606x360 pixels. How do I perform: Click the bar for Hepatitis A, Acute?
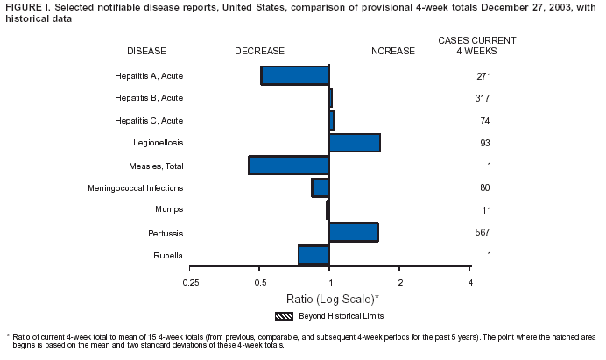[295, 75]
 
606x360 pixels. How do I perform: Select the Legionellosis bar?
[355, 142]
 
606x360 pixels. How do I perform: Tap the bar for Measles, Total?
[289, 165]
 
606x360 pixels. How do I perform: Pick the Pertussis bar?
[354, 232]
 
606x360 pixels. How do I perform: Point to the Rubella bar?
[314, 254]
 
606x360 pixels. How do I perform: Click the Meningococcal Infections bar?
[321, 187]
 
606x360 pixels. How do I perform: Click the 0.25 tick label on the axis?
[190, 281]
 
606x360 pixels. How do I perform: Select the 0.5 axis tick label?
[260, 281]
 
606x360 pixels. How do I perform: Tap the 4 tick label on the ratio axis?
[470, 281]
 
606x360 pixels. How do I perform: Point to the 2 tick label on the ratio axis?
[400, 281]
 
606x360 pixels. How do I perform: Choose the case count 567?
[483, 232]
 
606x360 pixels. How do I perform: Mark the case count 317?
[483, 97]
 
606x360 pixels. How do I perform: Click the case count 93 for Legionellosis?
[484, 142]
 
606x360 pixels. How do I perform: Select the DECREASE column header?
[259, 51]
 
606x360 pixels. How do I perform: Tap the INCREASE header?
[391, 51]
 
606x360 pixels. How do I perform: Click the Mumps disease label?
[169, 209]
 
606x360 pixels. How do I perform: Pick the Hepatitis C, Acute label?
[149, 120]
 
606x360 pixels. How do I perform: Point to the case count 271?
[483, 75]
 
